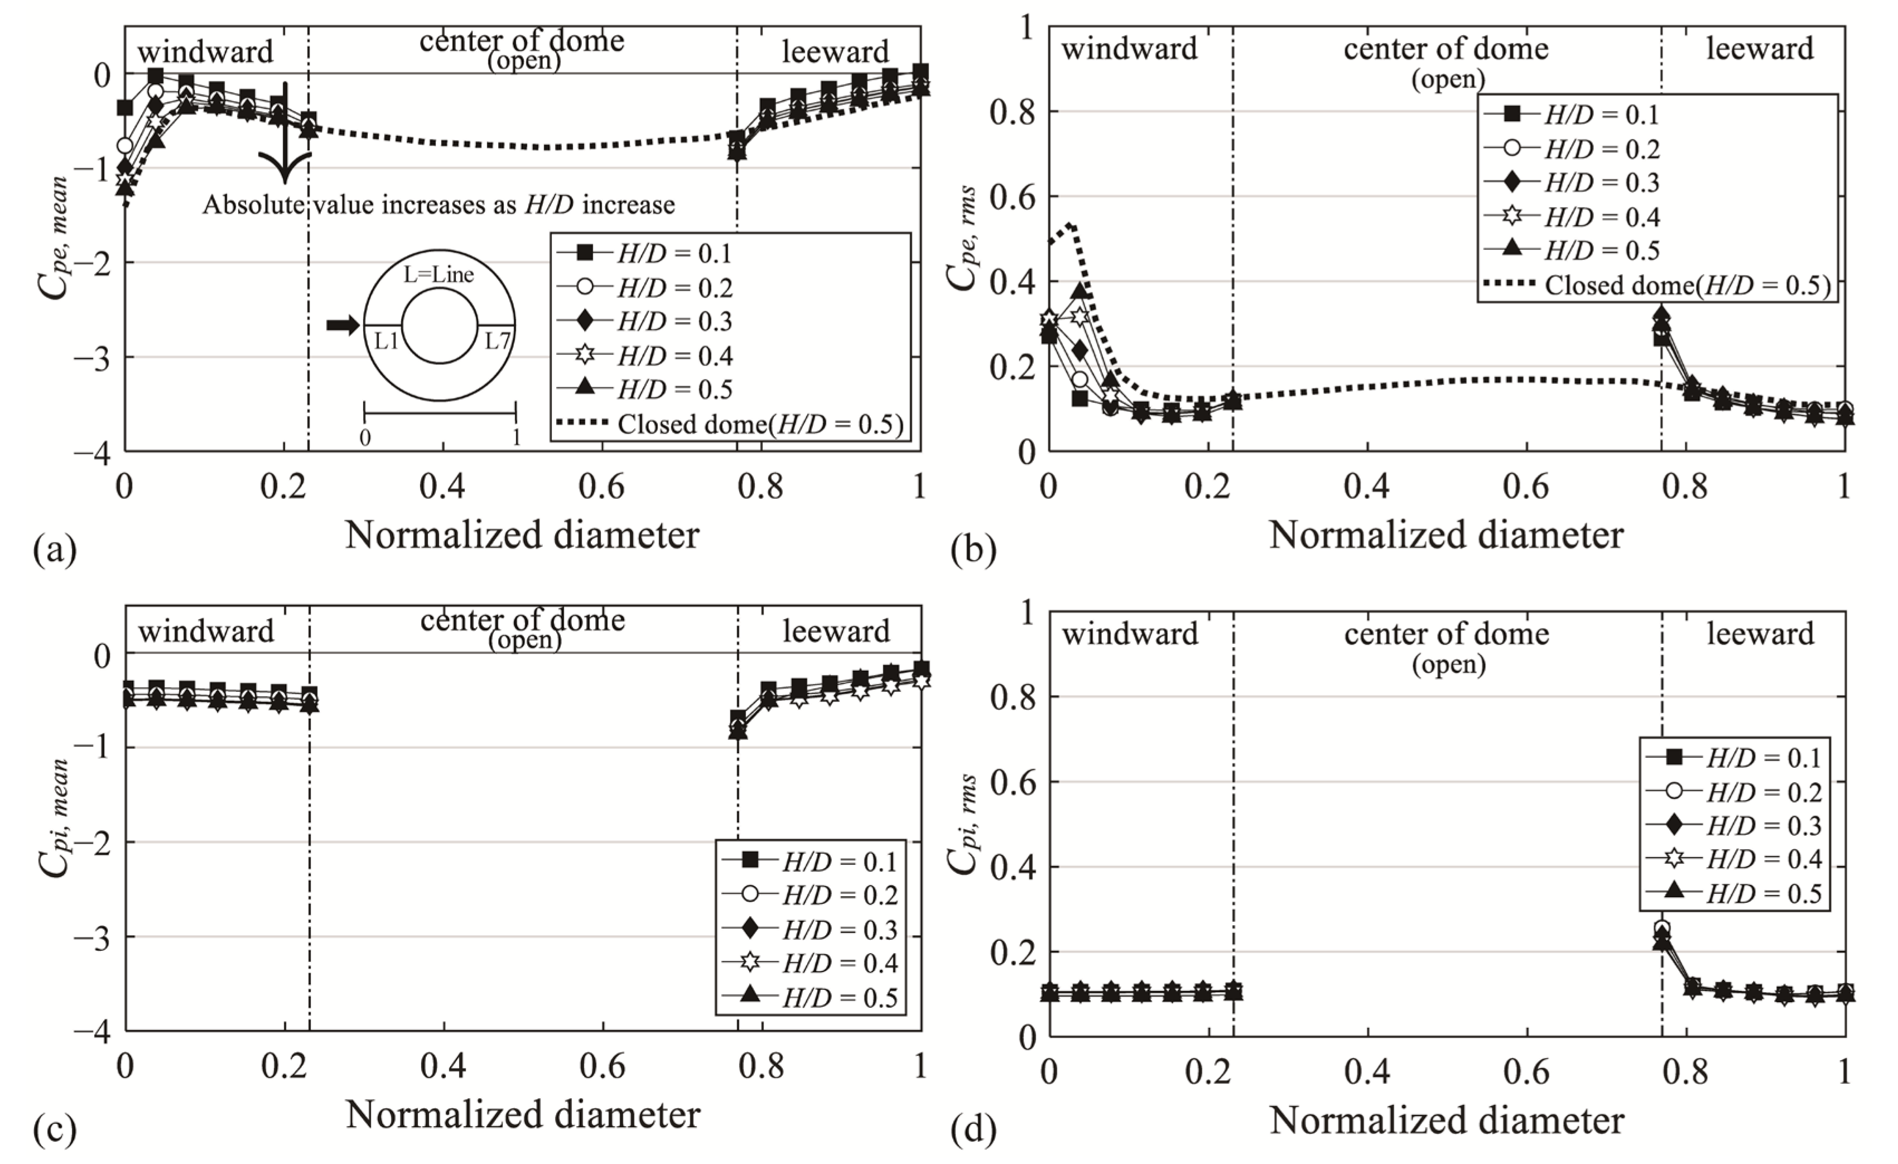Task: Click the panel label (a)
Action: click(x=55, y=551)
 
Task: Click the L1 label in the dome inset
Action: click(x=386, y=340)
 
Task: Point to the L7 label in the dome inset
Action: click(x=497, y=340)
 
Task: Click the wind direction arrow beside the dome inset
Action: click(x=343, y=325)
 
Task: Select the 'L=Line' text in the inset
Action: click(x=439, y=275)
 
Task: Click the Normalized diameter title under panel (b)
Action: click(x=1446, y=535)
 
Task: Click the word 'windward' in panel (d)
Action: click(x=1130, y=634)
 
